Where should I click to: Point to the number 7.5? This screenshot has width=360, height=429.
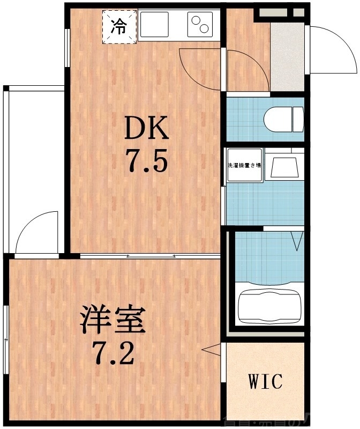point(146,160)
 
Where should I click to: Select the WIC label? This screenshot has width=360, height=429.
point(265,382)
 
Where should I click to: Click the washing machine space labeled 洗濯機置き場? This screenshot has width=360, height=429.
point(244,165)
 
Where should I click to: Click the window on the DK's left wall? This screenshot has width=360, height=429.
point(67,48)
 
